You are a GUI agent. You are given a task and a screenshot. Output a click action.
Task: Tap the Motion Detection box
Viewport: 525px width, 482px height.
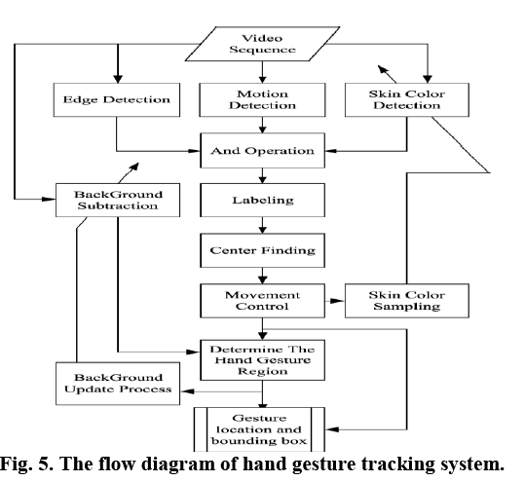click(261, 99)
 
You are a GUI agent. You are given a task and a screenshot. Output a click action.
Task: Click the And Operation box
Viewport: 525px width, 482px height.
click(262, 151)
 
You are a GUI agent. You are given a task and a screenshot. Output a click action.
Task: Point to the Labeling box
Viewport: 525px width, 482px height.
click(262, 202)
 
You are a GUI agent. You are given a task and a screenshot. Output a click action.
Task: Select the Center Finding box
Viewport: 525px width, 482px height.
click(262, 250)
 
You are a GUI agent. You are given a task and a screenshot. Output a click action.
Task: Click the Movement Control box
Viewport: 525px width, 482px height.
click(262, 300)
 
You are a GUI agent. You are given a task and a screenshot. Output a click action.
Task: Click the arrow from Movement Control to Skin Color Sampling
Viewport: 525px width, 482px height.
click(334, 300)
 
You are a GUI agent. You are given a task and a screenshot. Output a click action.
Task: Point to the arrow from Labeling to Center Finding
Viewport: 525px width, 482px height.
click(262, 226)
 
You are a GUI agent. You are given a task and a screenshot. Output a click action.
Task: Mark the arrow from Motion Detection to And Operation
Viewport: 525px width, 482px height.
click(262, 126)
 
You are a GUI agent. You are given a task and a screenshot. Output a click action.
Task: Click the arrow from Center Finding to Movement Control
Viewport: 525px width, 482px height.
click(262, 276)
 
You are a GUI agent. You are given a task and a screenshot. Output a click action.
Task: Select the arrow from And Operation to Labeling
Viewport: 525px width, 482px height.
click(262, 175)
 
